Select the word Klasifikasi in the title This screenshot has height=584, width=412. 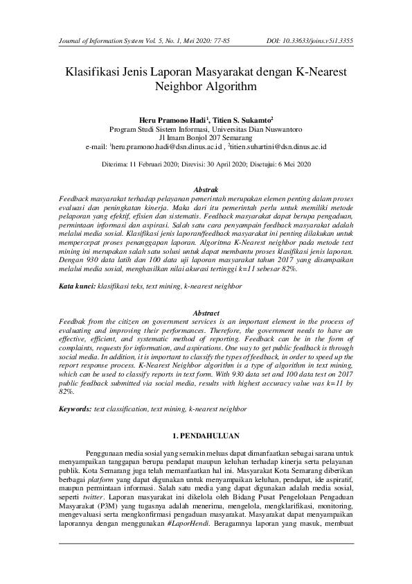(93, 71)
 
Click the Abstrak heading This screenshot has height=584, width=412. (206, 189)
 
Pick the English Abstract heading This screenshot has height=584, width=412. (206, 314)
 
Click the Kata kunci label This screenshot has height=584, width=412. (76, 285)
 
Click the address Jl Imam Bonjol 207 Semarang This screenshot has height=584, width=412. (206, 138)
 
